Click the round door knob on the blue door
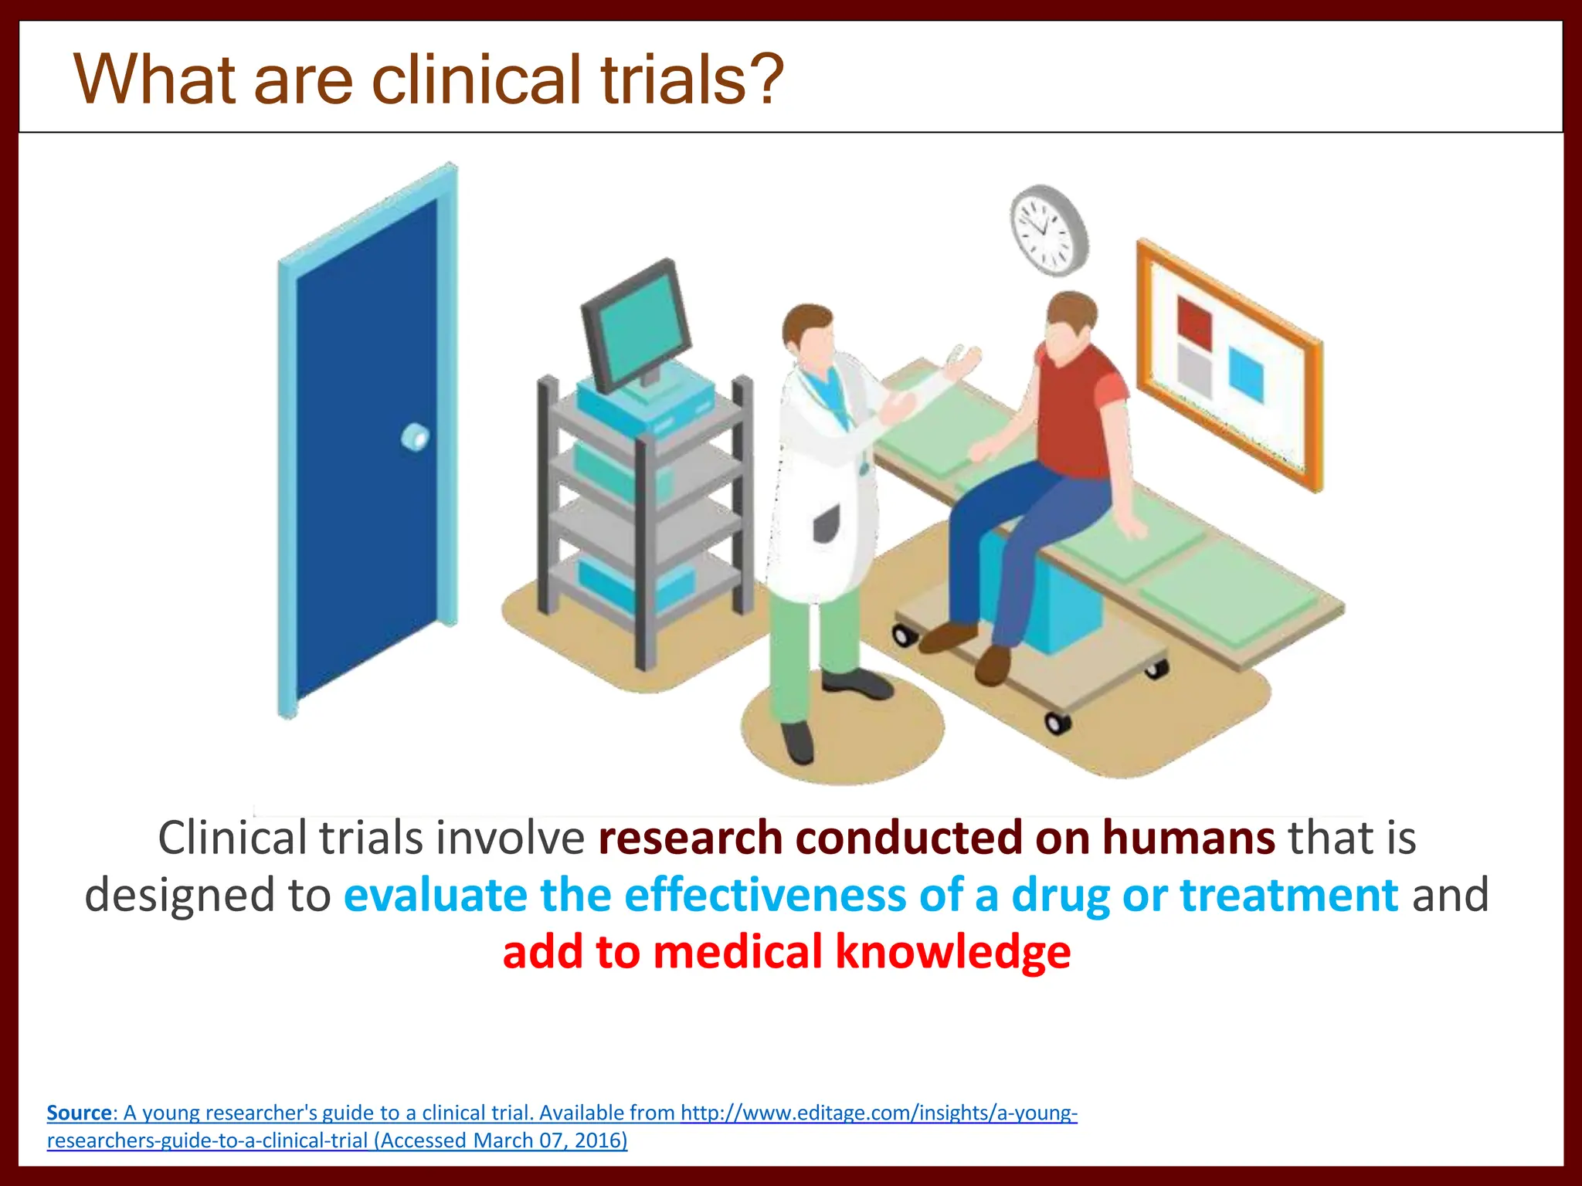pyautogui.click(x=416, y=438)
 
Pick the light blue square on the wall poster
pyautogui.click(x=1245, y=374)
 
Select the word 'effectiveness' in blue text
pyautogui.click(x=764, y=896)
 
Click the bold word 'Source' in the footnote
pyautogui.click(x=79, y=1113)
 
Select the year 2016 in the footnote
pyautogui.click(x=599, y=1140)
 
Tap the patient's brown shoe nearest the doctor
pyautogui.click(x=949, y=637)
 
